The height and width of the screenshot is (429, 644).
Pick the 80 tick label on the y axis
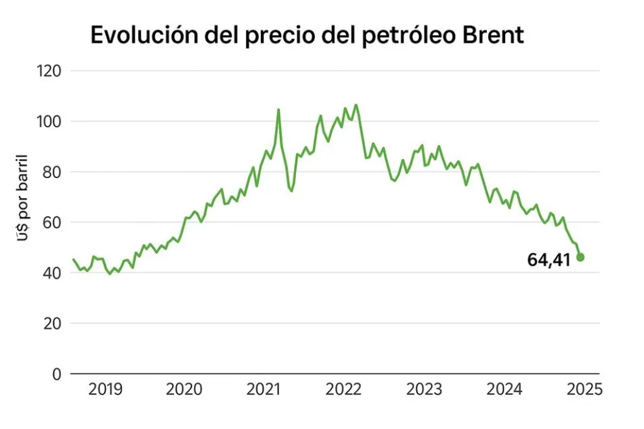[49, 172]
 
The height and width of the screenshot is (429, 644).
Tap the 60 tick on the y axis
[49, 222]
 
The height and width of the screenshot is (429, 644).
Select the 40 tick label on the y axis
[49, 273]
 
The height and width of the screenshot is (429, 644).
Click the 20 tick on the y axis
[49, 324]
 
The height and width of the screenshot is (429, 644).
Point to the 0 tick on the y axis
[56, 374]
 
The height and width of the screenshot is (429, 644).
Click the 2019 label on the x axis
[105, 390]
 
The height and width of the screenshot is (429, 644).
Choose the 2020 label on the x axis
[184, 390]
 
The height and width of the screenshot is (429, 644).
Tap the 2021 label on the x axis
[264, 390]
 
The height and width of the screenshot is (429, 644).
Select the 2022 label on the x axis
[343, 390]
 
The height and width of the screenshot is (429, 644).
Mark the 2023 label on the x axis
[424, 390]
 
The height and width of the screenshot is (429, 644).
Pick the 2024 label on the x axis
[504, 390]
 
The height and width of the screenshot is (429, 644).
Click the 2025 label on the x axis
[584, 390]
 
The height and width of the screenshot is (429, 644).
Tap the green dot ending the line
[580, 257]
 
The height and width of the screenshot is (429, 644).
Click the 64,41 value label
[549, 261]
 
